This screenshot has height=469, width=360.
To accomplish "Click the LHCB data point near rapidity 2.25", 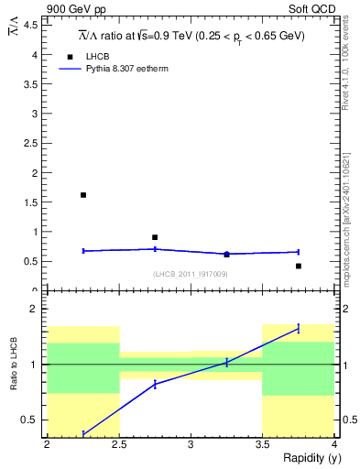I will point(83,195).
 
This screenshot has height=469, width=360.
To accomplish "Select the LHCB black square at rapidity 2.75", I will point(155,237).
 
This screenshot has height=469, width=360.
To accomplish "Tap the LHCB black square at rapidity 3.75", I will point(299,266).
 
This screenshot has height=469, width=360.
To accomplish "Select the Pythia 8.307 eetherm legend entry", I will point(123,68).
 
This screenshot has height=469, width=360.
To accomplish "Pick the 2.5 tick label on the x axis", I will point(118,445).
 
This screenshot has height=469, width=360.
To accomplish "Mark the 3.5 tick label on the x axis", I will point(262,445).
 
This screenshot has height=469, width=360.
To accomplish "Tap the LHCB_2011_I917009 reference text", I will point(191,274).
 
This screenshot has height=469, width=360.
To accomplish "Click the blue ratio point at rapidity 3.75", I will point(299,328).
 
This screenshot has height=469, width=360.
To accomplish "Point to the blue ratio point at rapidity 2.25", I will point(83,433).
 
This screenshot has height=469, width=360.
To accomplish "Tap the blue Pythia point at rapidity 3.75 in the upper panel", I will point(299,252).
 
